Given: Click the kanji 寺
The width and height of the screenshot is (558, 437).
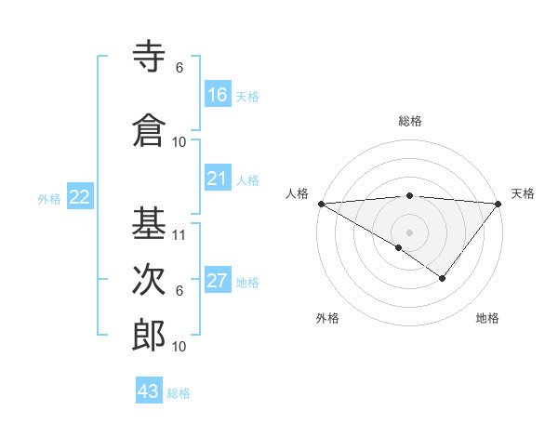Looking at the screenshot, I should click(149, 58).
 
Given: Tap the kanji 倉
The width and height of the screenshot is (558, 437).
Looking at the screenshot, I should click(149, 131).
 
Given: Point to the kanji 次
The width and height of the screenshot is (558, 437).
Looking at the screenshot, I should click(149, 280).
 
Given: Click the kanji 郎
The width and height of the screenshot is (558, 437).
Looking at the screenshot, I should click(149, 336).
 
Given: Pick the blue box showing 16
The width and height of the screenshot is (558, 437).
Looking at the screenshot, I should click(218, 95).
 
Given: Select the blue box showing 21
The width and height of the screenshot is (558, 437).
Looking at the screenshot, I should click(218, 179).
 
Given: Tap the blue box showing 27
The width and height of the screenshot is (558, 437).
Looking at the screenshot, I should click(218, 282).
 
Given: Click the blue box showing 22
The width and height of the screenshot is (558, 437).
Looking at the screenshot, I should click(80, 197).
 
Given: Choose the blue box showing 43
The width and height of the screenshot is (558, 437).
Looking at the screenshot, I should click(149, 391).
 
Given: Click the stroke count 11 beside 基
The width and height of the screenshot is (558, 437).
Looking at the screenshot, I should click(180, 235).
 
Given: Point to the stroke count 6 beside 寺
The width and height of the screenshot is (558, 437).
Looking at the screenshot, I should click(179, 68).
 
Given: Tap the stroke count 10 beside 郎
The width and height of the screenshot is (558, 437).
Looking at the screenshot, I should click(180, 347).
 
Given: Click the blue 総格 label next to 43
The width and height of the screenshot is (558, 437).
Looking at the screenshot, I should click(179, 393).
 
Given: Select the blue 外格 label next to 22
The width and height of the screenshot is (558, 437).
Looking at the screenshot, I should click(49, 198).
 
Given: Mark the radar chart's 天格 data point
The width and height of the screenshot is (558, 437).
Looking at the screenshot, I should click(498, 203).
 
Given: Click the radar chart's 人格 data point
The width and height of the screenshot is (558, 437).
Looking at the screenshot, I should click(321, 203).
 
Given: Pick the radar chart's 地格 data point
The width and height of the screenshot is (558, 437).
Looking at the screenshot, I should click(443, 278).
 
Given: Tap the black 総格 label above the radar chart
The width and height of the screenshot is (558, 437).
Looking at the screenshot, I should click(410, 121).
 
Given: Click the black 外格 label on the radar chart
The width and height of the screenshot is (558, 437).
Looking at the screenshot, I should click(327, 319).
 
